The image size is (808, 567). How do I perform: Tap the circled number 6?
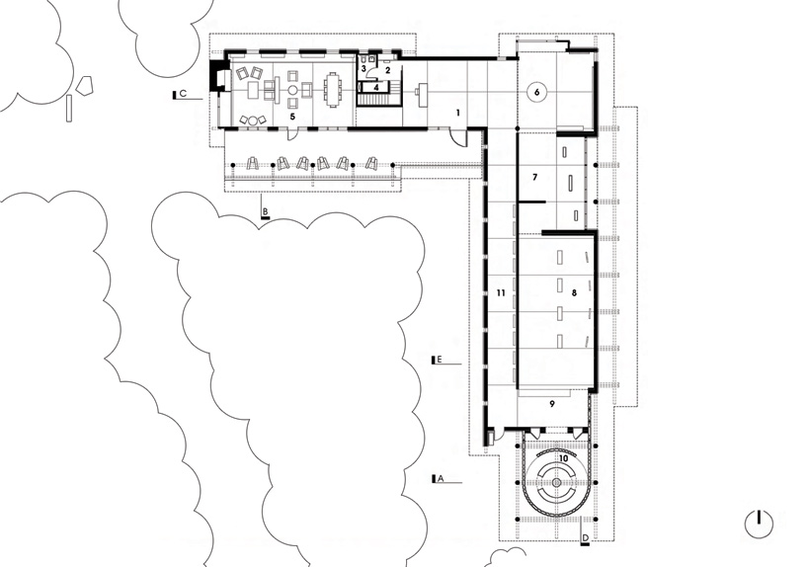click(x=537, y=92)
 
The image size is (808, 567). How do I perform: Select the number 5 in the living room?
click(x=291, y=117)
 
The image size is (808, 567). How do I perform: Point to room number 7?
click(x=534, y=178)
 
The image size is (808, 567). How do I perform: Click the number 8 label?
click(x=573, y=293)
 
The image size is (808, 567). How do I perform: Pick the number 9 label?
click(x=552, y=404)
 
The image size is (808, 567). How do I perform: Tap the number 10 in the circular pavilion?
click(x=563, y=458)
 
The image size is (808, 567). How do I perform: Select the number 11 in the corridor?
click(x=502, y=293)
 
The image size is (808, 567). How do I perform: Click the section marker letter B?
click(x=264, y=210)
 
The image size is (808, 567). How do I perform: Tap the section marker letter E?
click(x=440, y=363)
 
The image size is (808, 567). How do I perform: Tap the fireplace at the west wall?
click(x=217, y=78)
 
